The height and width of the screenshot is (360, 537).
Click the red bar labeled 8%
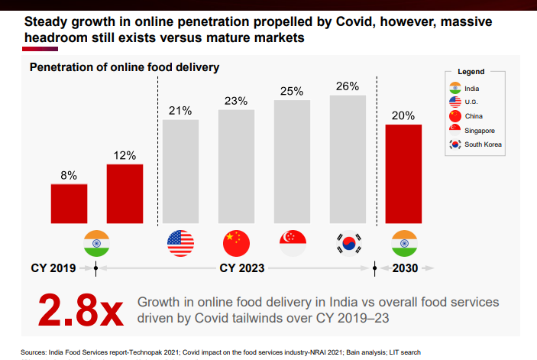[x=69, y=201]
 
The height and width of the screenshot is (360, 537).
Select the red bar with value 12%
[x=125, y=191]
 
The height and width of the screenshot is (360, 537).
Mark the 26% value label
[x=348, y=86]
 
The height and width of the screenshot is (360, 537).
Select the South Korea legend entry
[x=474, y=144]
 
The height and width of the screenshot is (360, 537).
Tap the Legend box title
[x=471, y=71]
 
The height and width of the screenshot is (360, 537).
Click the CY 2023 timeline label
[x=242, y=268]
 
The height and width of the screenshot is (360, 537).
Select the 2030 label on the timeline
[x=405, y=268]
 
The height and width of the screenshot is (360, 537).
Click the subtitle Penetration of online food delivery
[x=125, y=67]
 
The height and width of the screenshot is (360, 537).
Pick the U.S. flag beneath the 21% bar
[x=180, y=243]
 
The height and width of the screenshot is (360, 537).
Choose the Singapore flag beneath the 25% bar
[x=293, y=243]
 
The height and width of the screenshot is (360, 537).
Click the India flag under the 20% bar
[x=403, y=243]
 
